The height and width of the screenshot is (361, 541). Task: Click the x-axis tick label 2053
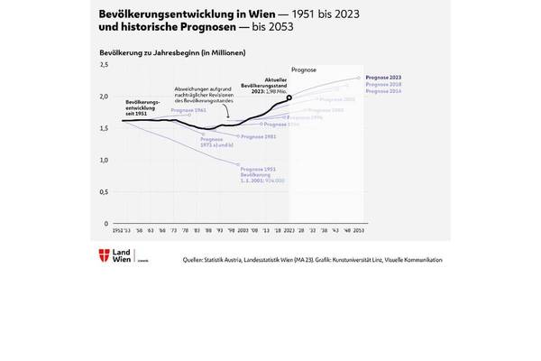(x=360, y=231)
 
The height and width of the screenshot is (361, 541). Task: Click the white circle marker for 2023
(x=289, y=97)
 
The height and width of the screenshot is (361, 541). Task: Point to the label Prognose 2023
(x=384, y=78)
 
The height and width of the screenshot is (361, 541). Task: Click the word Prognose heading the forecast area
(x=305, y=69)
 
